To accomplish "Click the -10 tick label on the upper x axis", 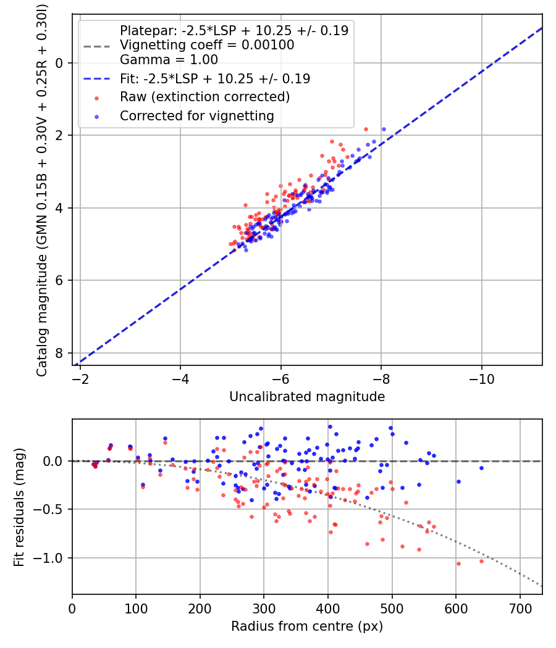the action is click(481, 378).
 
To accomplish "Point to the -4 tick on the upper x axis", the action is click(180, 367).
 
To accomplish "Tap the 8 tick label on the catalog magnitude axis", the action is click(59, 353).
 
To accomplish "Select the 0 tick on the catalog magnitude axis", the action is click(70, 63).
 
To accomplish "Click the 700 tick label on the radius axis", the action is click(520, 609).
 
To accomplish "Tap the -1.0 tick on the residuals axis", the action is click(70, 558).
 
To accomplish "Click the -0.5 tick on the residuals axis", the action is click(70, 509).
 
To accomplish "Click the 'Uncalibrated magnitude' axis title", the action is click(307, 397).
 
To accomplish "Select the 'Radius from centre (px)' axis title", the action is click(307, 626).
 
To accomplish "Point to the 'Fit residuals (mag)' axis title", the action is click(19, 507).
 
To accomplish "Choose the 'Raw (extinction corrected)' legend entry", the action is click(204, 97).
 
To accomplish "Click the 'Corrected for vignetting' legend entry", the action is click(197, 116).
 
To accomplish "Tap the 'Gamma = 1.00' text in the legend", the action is click(169, 60).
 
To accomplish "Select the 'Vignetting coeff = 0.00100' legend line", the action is click(207, 45).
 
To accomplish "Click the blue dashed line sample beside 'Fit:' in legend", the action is click(97, 78).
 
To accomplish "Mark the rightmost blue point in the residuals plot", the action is click(481, 468).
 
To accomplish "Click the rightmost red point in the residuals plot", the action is click(481, 561).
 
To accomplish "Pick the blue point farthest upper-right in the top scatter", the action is click(384, 130).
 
